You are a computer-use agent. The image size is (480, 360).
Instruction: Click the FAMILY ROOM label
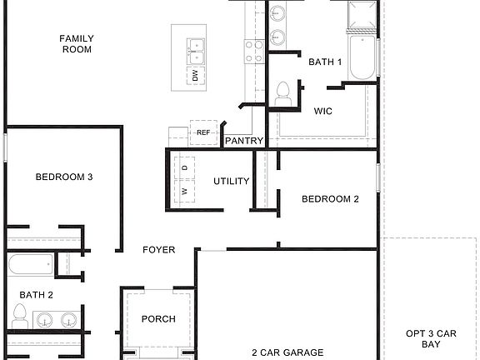tap(76, 43)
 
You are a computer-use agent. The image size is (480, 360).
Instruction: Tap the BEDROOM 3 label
tap(63, 177)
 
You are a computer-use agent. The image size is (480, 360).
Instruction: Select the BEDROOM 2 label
tap(330, 198)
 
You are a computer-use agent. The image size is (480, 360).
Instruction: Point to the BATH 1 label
tap(325, 62)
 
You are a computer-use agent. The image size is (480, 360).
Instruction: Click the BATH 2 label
tap(37, 294)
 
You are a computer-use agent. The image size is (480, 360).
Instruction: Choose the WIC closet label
tap(324, 111)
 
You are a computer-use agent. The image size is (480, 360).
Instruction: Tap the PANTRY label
tap(244, 141)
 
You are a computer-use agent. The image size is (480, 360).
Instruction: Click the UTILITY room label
tap(232, 181)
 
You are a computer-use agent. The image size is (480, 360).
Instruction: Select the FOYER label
tap(158, 249)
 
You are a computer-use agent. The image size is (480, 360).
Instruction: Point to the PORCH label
tap(158, 318)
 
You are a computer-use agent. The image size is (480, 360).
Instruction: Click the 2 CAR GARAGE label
tap(288, 352)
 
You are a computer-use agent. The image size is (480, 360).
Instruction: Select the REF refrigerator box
tap(203, 132)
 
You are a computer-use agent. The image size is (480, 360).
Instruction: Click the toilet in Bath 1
tap(282, 92)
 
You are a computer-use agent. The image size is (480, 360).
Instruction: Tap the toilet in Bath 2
tap(20, 316)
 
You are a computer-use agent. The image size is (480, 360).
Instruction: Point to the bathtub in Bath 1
tap(362, 56)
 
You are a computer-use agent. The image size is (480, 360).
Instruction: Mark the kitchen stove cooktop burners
tap(254, 51)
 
